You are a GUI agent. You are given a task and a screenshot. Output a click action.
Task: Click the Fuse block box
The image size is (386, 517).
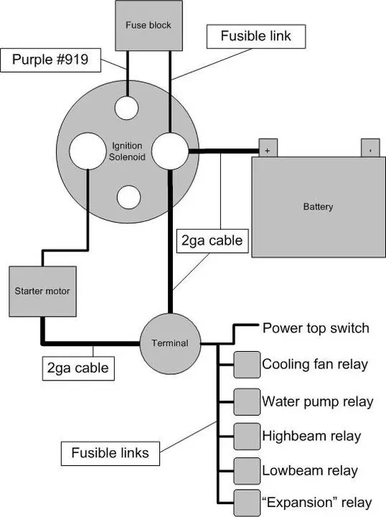(x=149, y=25)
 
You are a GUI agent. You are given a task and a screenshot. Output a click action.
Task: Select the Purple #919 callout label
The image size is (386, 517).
(x=50, y=60)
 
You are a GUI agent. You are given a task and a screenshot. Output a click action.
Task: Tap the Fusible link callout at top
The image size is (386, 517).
(x=256, y=37)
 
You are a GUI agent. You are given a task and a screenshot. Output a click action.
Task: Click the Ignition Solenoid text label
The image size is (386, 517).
(x=127, y=151)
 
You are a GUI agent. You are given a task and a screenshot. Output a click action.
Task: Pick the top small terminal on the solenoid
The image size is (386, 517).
(x=126, y=108)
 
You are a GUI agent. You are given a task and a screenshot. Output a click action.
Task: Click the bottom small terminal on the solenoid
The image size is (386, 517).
(x=128, y=197)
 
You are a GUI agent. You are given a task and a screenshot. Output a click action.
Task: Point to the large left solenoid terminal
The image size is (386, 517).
(x=88, y=151)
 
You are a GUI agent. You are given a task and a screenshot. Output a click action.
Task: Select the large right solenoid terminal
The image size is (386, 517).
(x=170, y=151)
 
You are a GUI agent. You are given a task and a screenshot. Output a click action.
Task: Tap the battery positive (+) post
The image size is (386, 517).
(x=268, y=148)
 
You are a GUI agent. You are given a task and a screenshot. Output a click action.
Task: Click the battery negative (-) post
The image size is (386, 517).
(x=370, y=148)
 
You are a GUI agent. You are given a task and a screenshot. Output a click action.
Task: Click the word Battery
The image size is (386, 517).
(x=318, y=207)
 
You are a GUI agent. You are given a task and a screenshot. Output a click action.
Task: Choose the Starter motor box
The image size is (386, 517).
(x=42, y=292)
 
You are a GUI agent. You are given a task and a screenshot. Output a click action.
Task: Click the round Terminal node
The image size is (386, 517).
(x=170, y=343)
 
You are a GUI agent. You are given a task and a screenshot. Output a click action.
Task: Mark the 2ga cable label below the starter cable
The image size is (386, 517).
(x=78, y=368)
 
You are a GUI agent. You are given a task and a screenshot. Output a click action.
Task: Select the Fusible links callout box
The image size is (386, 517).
(x=110, y=454)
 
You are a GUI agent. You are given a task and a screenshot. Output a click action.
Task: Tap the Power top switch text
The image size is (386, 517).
(x=316, y=328)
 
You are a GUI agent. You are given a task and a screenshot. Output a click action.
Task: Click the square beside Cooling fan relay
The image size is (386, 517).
(x=247, y=365)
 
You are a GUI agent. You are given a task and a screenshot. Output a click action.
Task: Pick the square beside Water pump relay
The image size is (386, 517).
(x=247, y=402)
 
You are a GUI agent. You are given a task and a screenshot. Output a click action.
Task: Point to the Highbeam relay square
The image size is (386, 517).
(x=247, y=437)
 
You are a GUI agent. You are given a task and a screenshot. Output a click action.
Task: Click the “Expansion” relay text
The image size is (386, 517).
(x=317, y=503)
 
